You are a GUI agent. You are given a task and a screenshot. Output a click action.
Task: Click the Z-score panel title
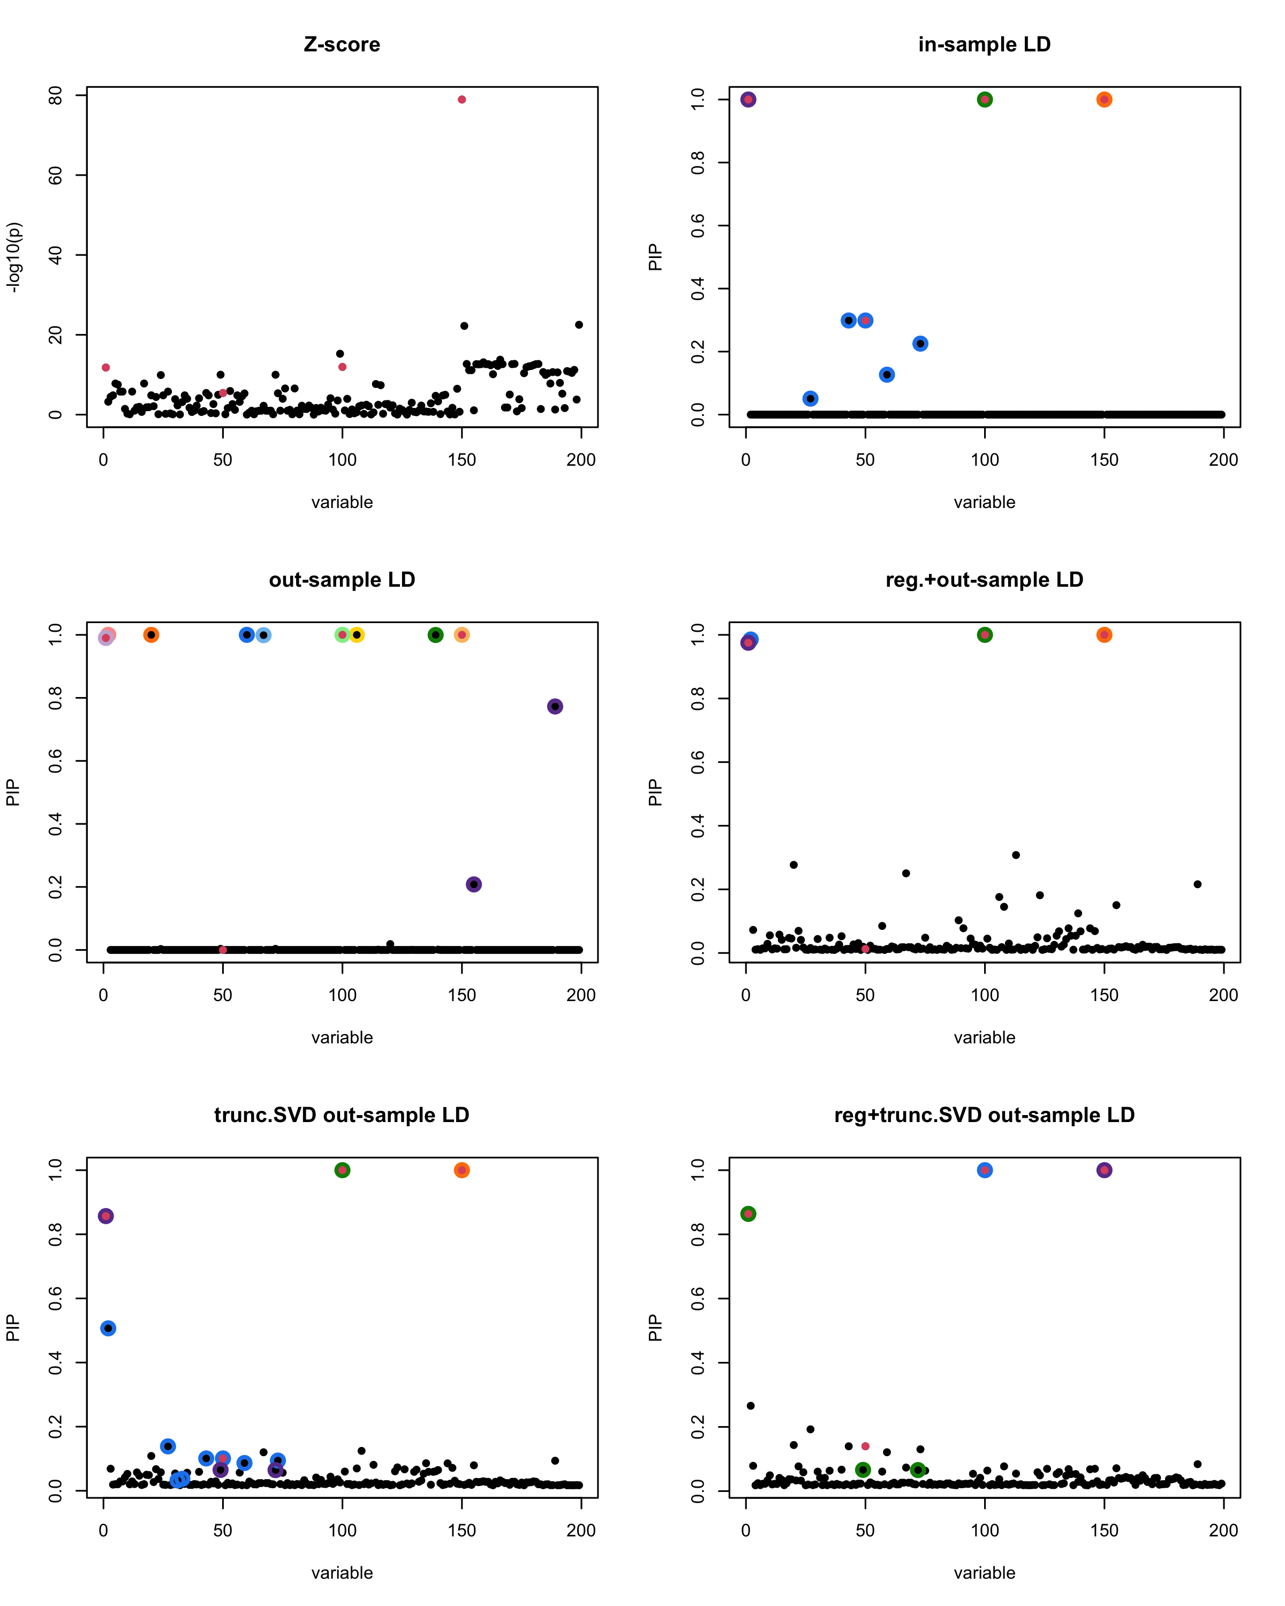[342, 44]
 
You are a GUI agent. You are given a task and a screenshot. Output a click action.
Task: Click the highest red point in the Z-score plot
[462, 100]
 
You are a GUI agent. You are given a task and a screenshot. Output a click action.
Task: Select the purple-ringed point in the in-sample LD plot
[749, 100]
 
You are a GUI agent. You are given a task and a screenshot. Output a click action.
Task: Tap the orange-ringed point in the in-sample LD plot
[1104, 100]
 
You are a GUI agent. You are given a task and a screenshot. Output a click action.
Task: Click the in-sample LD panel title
[984, 44]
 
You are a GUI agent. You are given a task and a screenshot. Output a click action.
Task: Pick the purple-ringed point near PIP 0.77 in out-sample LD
[555, 706]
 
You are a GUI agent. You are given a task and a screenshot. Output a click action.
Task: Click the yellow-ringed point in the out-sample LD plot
[357, 635]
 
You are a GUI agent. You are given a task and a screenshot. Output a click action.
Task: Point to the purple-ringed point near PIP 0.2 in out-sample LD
[474, 884]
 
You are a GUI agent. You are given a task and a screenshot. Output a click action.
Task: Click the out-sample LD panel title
[342, 580]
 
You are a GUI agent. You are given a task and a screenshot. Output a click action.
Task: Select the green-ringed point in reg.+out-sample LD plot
[985, 635]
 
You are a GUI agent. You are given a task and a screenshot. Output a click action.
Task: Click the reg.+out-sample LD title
[984, 580]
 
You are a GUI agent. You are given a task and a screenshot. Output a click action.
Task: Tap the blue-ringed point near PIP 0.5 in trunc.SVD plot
[108, 1328]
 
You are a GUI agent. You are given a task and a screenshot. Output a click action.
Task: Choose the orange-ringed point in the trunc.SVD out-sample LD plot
[462, 1170]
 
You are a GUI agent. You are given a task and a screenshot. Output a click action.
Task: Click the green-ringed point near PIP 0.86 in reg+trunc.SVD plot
[749, 1214]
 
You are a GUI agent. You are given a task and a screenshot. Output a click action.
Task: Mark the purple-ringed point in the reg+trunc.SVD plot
[1104, 1170]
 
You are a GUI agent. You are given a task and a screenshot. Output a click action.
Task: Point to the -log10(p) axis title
[13, 257]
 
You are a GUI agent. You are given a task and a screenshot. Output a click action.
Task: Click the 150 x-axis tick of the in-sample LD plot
[1104, 460]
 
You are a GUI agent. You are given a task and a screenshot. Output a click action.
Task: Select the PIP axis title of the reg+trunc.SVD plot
[655, 1328]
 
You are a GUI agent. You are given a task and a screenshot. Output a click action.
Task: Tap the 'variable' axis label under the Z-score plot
[342, 502]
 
